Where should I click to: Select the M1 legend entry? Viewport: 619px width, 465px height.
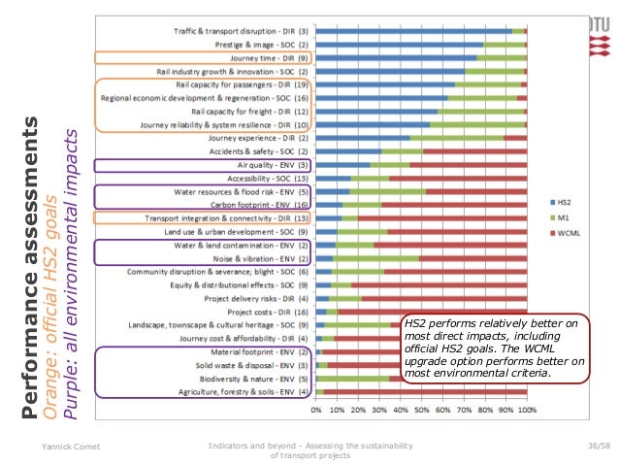(x=562, y=217)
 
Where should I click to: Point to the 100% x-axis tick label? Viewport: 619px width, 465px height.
(x=526, y=409)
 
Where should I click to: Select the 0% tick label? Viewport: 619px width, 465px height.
(x=317, y=409)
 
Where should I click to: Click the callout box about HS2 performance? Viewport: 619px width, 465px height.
(x=494, y=343)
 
